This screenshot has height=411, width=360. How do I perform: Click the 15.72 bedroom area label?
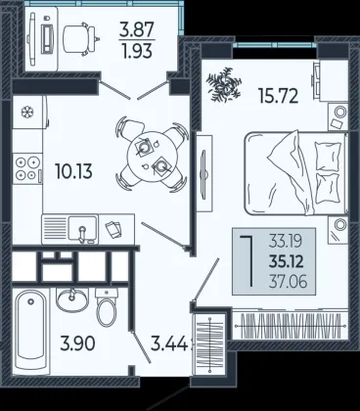tap(278, 96)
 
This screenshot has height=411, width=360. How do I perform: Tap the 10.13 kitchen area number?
tap(73, 171)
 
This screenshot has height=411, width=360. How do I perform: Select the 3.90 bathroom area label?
tap(77, 343)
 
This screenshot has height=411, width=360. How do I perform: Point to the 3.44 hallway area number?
tap(169, 343)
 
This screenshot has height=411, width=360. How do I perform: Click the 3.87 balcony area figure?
tap(137, 29)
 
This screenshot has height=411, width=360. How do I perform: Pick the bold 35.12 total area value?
tap(287, 261)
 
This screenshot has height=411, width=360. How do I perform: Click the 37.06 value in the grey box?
tap(288, 281)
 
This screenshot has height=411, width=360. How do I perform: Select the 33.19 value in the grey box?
tap(286, 242)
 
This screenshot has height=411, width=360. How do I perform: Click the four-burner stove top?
tap(27, 167)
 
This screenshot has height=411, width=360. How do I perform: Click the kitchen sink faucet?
tap(83, 234)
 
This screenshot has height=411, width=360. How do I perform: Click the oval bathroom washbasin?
tap(71, 299)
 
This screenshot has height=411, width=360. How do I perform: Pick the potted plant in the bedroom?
tap(224, 84)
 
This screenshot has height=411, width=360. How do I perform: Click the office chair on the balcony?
tap(80, 38)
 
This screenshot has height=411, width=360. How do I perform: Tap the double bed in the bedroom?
tap(296, 173)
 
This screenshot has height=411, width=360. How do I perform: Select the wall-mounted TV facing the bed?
tap(204, 173)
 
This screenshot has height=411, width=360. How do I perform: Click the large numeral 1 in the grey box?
tap(247, 261)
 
